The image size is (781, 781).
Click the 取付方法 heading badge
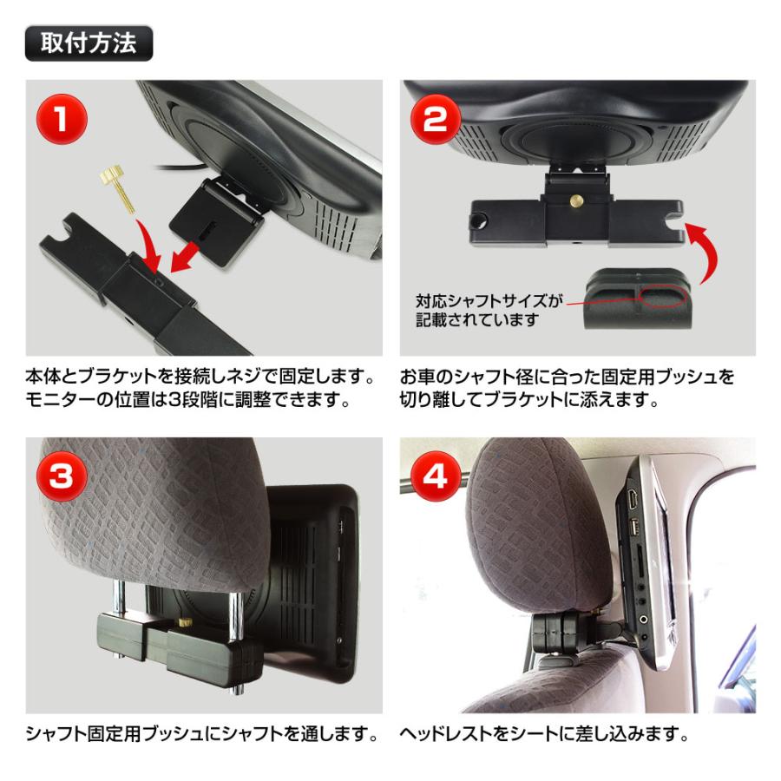pyautogui.click(x=89, y=43)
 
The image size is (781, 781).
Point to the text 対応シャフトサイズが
pyautogui.click(x=489, y=300)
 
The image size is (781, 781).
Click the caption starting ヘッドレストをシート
pyautogui.click(x=544, y=734)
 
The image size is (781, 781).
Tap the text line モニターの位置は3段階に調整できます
pyautogui.click(x=192, y=402)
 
